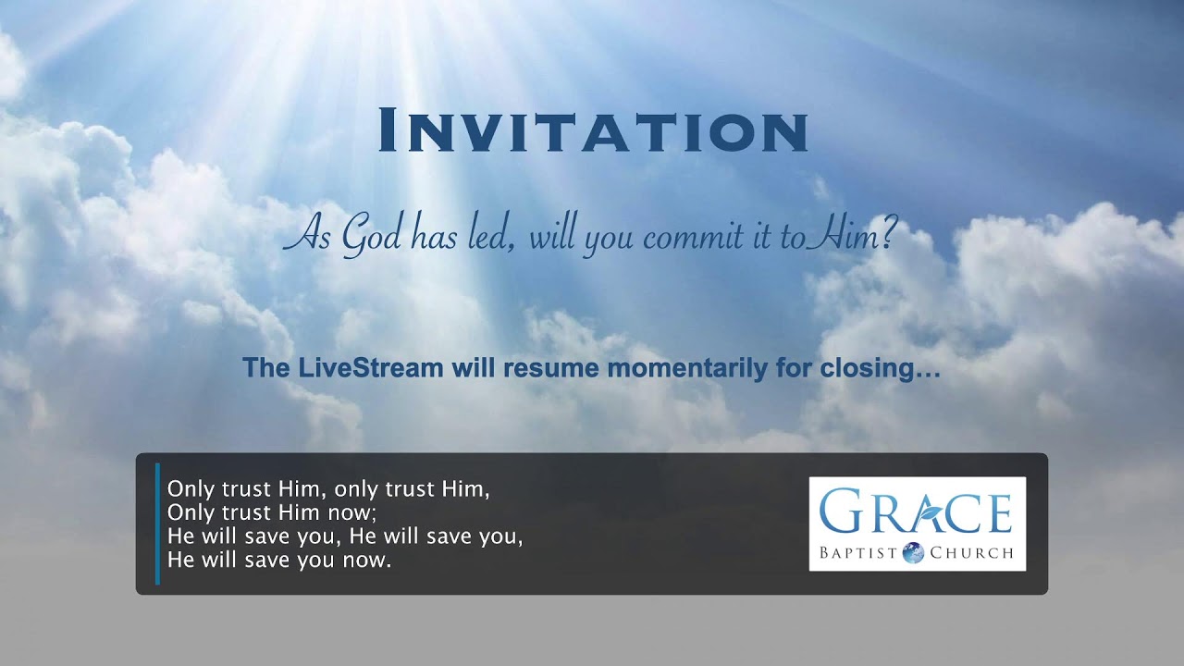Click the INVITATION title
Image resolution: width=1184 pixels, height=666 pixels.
pyautogui.click(x=593, y=130)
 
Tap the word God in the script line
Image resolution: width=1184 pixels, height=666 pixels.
pyautogui.click(x=371, y=237)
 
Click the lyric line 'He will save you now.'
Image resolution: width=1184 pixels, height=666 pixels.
pyautogui.click(x=279, y=561)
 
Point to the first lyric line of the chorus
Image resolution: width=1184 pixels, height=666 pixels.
pyautogui.click(x=328, y=489)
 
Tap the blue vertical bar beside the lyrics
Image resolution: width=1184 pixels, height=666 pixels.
pyautogui.click(x=157, y=524)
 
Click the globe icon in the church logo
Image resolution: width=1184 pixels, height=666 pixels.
pyautogui.click(x=913, y=553)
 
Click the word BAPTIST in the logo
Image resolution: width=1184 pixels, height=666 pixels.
pyautogui.click(x=858, y=554)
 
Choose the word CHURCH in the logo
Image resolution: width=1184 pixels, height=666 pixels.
pyautogui.click(x=970, y=554)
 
